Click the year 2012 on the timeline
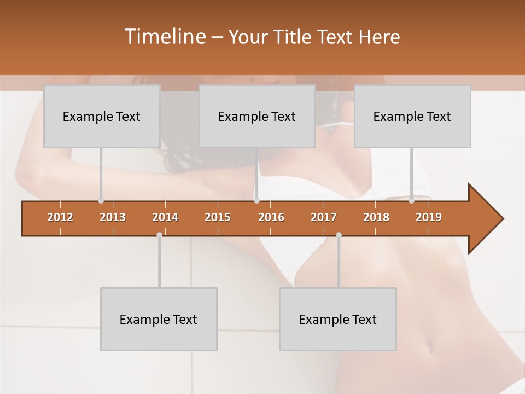pyautogui.click(x=60, y=217)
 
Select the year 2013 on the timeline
pyautogui.click(x=113, y=217)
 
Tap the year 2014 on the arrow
pyautogui.click(x=165, y=217)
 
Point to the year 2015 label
pyautogui.click(x=218, y=217)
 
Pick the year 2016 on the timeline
pyautogui.click(x=271, y=217)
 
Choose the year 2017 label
pyautogui.click(x=324, y=217)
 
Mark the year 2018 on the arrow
pyautogui.click(x=376, y=217)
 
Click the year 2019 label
pyautogui.click(x=429, y=217)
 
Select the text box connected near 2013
pyautogui.click(x=102, y=116)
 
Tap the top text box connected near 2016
pyautogui.click(x=257, y=116)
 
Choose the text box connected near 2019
pyautogui.click(x=412, y=116)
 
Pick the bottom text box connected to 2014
pyautogui.click(x=159, y=319)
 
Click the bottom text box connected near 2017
pyautogui.click(x=338, y=319)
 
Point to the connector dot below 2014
pyautogui.click(x=159, y=235)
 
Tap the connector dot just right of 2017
pyautogui.click(x=339, y=235)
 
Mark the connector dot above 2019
pyautogui.click(x=411, y=201)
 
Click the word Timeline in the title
pyautogui.click(x=165, y=36)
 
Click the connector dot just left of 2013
pyautogui.click(x=101, y=201)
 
